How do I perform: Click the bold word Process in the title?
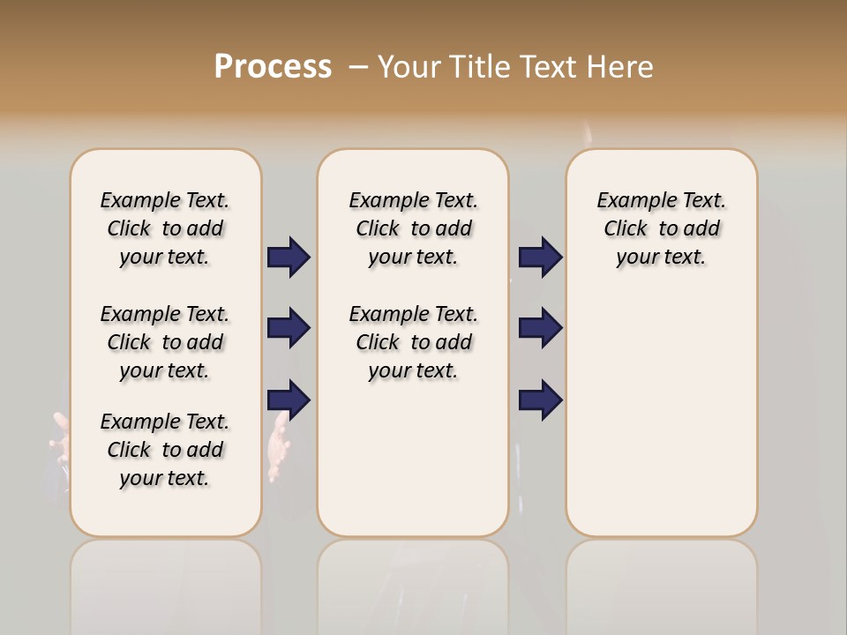click(273, 67)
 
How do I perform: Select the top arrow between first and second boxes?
click(289, 258)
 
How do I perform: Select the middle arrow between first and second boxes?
click(289, 328)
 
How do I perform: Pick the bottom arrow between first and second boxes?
click(289, 400)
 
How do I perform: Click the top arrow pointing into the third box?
click(540, 258)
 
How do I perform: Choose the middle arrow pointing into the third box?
click(540, 328)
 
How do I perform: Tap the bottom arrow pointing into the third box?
click(540, 400)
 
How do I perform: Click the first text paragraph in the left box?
click(165, 228)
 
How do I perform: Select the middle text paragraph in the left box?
click(165, 342)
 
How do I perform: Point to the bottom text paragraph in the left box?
click(165, 450)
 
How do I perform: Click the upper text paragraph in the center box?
click(413, 228)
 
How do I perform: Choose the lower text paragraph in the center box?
click(413, 342)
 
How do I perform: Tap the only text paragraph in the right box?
click(661, 228)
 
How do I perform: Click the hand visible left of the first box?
click(60, 440)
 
